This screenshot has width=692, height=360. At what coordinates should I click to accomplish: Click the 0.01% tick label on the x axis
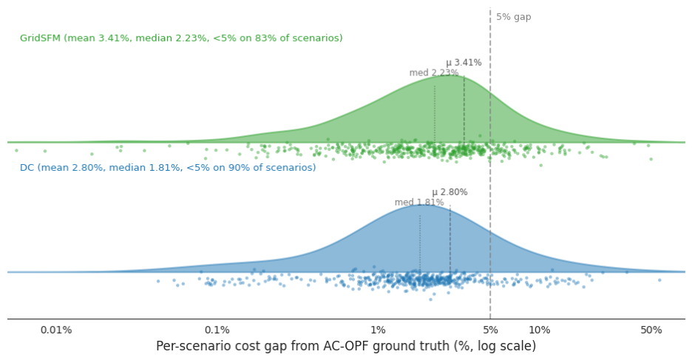56,330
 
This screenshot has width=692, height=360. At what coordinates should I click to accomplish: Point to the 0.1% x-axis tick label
217,330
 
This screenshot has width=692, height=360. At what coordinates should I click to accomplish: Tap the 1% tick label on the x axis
379,330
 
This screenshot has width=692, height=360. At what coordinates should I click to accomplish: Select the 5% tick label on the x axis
490,330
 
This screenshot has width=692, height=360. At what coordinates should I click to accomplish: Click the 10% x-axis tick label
539,330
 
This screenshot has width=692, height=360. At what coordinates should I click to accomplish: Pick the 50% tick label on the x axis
651,330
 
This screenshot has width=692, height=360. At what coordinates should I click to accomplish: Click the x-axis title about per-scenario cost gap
346,346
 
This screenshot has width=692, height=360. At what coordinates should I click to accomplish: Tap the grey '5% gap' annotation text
514,17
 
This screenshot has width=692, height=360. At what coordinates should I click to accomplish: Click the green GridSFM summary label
181,38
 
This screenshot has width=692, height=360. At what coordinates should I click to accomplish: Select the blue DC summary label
168,168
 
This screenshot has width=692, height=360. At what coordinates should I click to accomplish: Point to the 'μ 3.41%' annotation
464,63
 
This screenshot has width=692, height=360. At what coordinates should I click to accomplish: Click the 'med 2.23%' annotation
434,72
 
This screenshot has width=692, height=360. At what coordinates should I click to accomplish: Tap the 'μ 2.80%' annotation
450,192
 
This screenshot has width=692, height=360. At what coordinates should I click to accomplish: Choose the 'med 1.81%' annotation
419,203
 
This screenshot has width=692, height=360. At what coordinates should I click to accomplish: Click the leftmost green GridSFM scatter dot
16,151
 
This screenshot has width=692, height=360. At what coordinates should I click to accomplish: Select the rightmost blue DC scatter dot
659,280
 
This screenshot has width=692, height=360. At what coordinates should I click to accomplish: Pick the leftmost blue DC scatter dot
158,281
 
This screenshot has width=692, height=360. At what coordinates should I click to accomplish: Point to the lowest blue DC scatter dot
431,299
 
